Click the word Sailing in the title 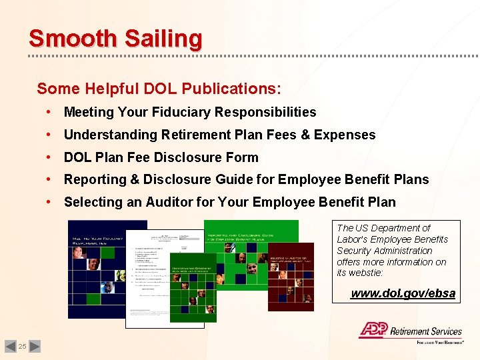[x=160, y=39]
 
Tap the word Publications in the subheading [x=229, y=89]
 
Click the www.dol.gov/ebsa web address [x=403, y=293]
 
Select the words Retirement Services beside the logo [x=425, y=331]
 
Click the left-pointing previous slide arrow [x=10, y=346]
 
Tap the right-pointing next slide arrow [x=35, y=346]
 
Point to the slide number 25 [x=22, y=346]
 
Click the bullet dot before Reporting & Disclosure [x=50, y=180]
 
